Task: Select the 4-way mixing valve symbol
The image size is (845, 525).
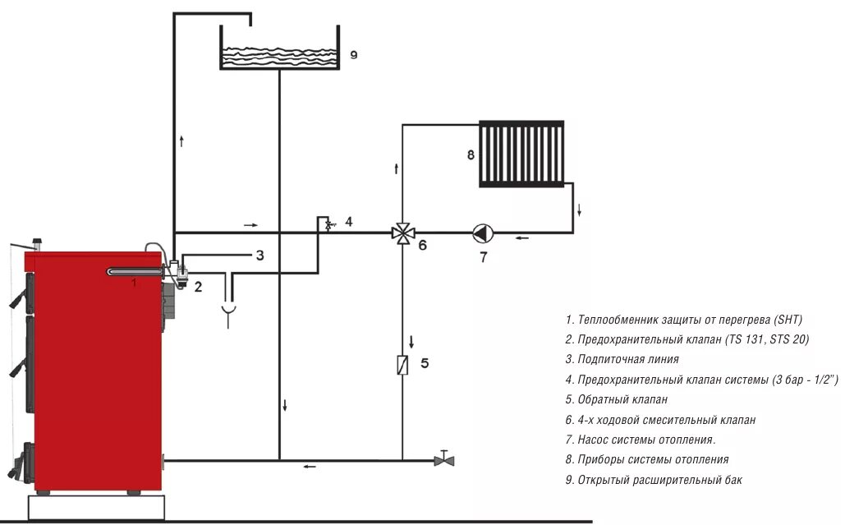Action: pyautogui.click(x=402, y=233)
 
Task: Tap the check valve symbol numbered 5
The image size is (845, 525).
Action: pyautogui.click(x=402, y=364)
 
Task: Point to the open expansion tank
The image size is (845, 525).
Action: pyautogui.click(x=280, y=49)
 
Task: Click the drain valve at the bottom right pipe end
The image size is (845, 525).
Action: pyautogui.click(x=444, y=458)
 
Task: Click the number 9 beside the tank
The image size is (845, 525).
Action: pyautogui.click(x=354, y=55)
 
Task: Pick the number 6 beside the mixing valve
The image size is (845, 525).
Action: pyautogui.click(x=423, y=245)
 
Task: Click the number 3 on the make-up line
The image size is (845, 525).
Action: pyautogui.click(x=259, y=256)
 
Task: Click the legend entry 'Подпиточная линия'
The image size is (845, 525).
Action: pyautogui.click(x=622, y=359)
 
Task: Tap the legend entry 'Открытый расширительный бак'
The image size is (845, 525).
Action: pyautogui.click(x=653, y=480)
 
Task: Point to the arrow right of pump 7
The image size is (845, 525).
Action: pyautogui.click(x=522, y=238)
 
